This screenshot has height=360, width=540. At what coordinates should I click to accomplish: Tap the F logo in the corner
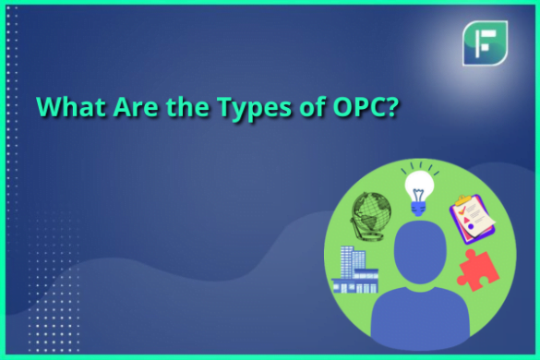coord(485,42)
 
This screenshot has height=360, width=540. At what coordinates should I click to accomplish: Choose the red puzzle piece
coord(477,270)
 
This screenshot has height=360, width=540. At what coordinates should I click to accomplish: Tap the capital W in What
coord(48,107)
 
